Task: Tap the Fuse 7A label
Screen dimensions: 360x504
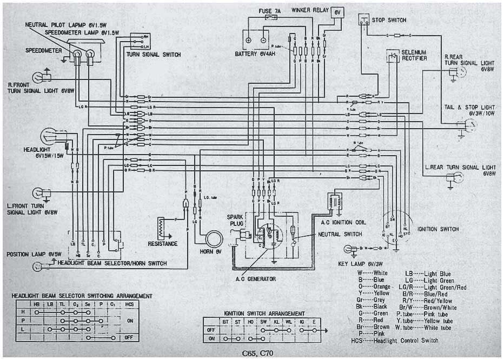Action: [269, 10]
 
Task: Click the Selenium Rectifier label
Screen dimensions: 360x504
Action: [414, 55]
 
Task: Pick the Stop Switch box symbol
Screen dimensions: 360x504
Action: [363, 20]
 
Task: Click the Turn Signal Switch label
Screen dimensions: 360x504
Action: [154, 55]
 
